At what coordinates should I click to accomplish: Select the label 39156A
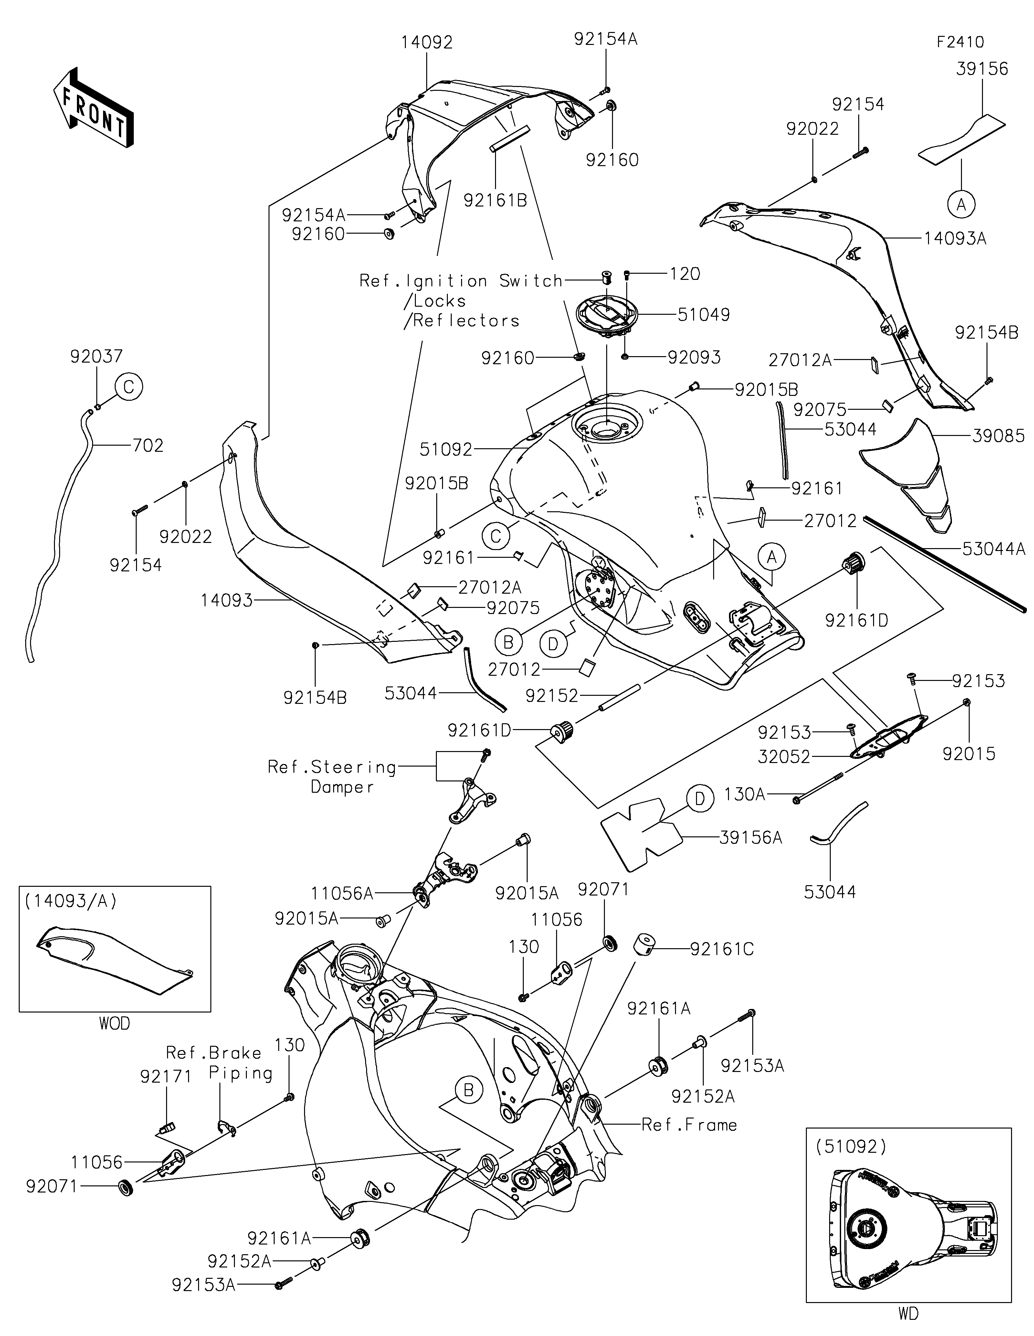(750, 837)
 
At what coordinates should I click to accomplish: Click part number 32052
(784, 757)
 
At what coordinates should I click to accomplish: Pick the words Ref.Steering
(332, 767)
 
